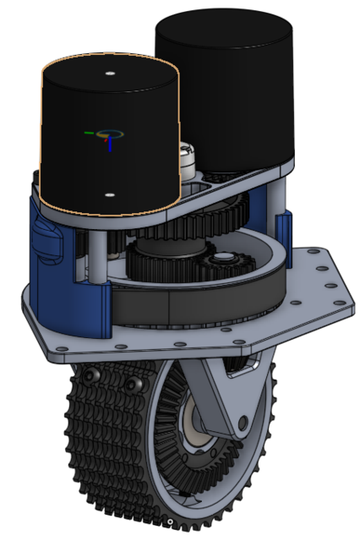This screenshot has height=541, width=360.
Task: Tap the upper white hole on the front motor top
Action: point(110,74)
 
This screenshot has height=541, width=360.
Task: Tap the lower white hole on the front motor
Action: point(109,194)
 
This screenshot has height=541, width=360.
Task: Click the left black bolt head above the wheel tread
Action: point(90,375)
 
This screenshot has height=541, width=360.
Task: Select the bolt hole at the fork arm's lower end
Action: point(243,420)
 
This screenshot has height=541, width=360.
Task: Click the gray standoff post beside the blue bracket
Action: point(100,254)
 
